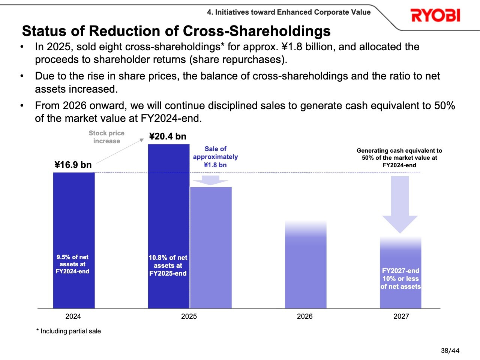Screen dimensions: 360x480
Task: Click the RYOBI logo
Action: pyautogui.click(x=435, y=15)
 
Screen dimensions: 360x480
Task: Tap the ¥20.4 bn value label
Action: pyautogui.click(x=168, y=136)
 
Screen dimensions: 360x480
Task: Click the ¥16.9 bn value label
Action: pyautogui.click(x=73, y=165)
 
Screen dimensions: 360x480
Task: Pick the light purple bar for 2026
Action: pyautogui.click(x=306, y=266)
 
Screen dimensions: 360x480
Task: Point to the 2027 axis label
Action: pyautogui.click(x=401, y=316)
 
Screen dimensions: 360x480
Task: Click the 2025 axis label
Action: pyautogui.click(x=189, y=316)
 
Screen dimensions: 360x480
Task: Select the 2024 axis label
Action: pyautogui.click(x=73, y=316)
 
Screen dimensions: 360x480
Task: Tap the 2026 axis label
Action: pyautogui.click(x=304, y=316)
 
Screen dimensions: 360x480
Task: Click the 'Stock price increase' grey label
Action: pyautogui.click(x=106, y=137)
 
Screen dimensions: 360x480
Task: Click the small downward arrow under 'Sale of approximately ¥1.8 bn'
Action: pyautogui.click(x=210, y=180)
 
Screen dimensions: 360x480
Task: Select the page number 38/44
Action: pyautogui.click(x=450, y=351)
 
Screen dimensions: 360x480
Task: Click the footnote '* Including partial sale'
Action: pyautogui.click(x=69, y=331)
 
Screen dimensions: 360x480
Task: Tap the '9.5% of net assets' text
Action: pyautogui.click(x=72, y=264)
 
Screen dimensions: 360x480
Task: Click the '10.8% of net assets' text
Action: pyautogui.click(x=168, y=265)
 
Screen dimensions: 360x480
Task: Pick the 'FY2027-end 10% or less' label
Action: pyautogui.click(x=400, y=279)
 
